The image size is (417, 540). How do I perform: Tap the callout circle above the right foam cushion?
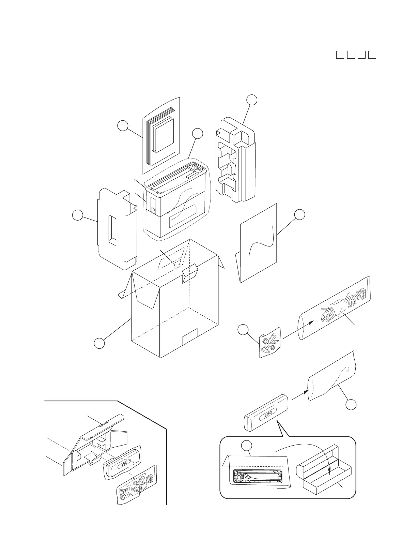click(x=252, y=100)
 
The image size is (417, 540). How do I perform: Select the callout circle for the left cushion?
click(x=77, y=216)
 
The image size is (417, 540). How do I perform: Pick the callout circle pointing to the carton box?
click(x=99, y=343)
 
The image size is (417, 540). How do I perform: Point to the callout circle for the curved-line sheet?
click(x=299, y=214)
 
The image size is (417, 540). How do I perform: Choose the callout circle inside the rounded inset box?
click(x=246, y=446)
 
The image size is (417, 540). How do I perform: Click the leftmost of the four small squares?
click(x=340, y=55)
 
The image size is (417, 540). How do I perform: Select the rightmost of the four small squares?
click(x=372, y=55)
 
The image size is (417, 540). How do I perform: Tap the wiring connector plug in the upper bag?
click(x=361, y=292)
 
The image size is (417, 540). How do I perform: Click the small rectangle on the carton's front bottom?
click(x=190, y=337)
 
